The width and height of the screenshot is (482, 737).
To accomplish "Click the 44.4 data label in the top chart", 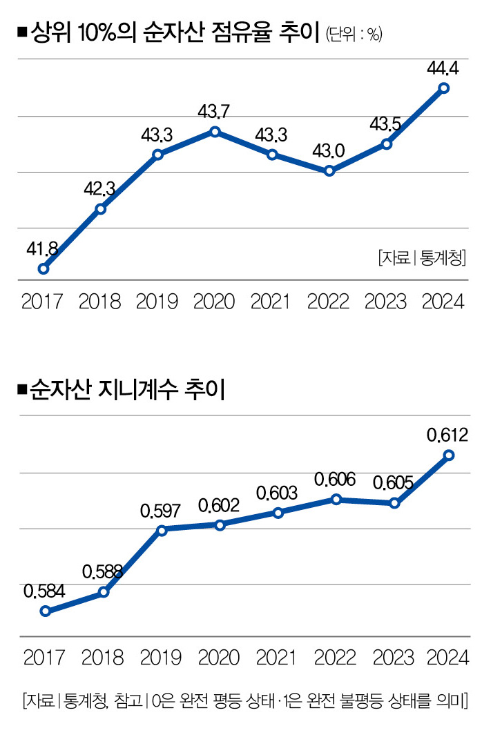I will click(x=444, y=67).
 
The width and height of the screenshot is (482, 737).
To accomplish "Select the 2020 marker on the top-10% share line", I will click(x=215, y=131).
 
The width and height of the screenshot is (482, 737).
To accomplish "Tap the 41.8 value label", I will click(x=41, y=248).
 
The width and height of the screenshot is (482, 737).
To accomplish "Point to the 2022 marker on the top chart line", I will click(x=329, y=170).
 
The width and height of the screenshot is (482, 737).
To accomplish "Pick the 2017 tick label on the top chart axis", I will click(x=42, y=302).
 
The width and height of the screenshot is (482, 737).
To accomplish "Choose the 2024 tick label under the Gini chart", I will click(x=448, y=657).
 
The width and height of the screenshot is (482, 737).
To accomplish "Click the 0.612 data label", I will click(x=447, y=435).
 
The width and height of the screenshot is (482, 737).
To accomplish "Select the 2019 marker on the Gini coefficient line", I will click(x=162, y=530).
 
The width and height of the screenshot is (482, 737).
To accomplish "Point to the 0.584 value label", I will click(x=44, y=591).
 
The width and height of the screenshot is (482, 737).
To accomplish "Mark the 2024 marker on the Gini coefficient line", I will click(x=449, y=455).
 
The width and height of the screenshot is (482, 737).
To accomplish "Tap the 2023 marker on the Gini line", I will click(x=394, y=503).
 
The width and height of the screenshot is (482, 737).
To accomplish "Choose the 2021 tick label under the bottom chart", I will click(x=277, y=657).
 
